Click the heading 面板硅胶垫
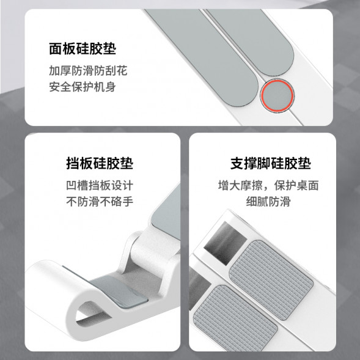tap(83, 49)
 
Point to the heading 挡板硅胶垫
tap(99, 164)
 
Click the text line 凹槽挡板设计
tap(99, 185)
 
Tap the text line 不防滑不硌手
tap(99, 202)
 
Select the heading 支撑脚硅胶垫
tap(271, 164)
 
